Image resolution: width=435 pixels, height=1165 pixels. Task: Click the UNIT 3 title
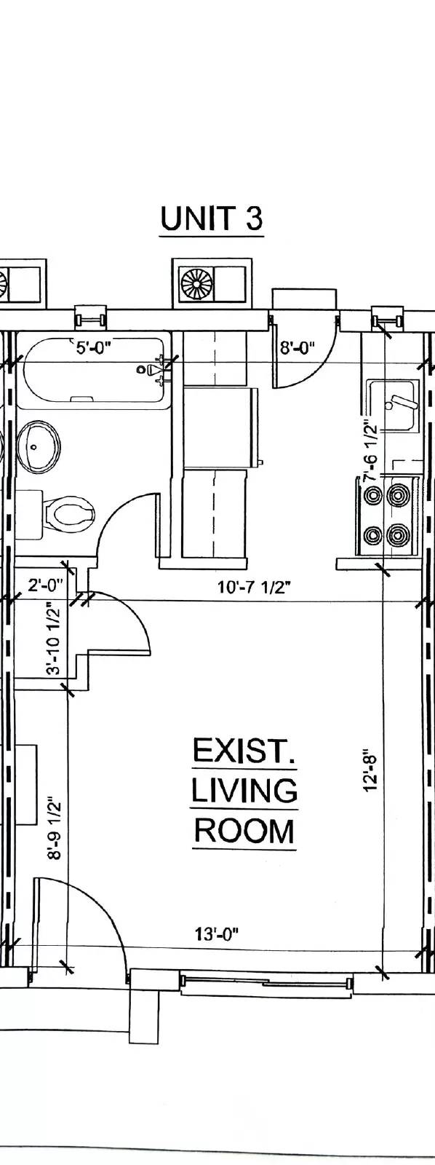(211, 218)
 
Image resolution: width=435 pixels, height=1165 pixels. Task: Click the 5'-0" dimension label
(95, 347)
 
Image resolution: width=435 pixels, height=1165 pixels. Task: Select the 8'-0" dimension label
(297, 347)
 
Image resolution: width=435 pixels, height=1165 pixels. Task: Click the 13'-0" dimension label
(217, 933)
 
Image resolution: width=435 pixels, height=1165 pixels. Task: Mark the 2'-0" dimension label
(46, 584)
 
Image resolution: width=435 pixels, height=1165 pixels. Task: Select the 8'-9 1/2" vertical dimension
(54, 831)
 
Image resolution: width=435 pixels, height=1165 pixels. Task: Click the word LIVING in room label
(244, 791)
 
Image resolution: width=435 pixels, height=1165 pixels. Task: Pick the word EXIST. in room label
(244, 751)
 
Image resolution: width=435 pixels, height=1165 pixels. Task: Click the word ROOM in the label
(244, 831)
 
